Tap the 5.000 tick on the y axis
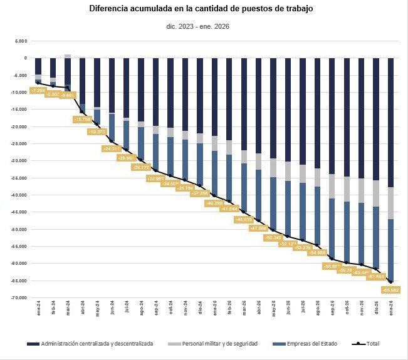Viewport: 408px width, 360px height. [x=21, y=41]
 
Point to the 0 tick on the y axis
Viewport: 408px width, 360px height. [x=24, y=58]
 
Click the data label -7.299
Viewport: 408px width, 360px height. [x=38, y=91]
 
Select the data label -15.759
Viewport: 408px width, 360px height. [x=83, y=119]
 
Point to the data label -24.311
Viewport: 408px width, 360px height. [x=112, y=149]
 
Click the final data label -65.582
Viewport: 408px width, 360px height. [x=391, y=291]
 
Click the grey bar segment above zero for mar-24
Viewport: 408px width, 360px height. [x=68, y=56]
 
